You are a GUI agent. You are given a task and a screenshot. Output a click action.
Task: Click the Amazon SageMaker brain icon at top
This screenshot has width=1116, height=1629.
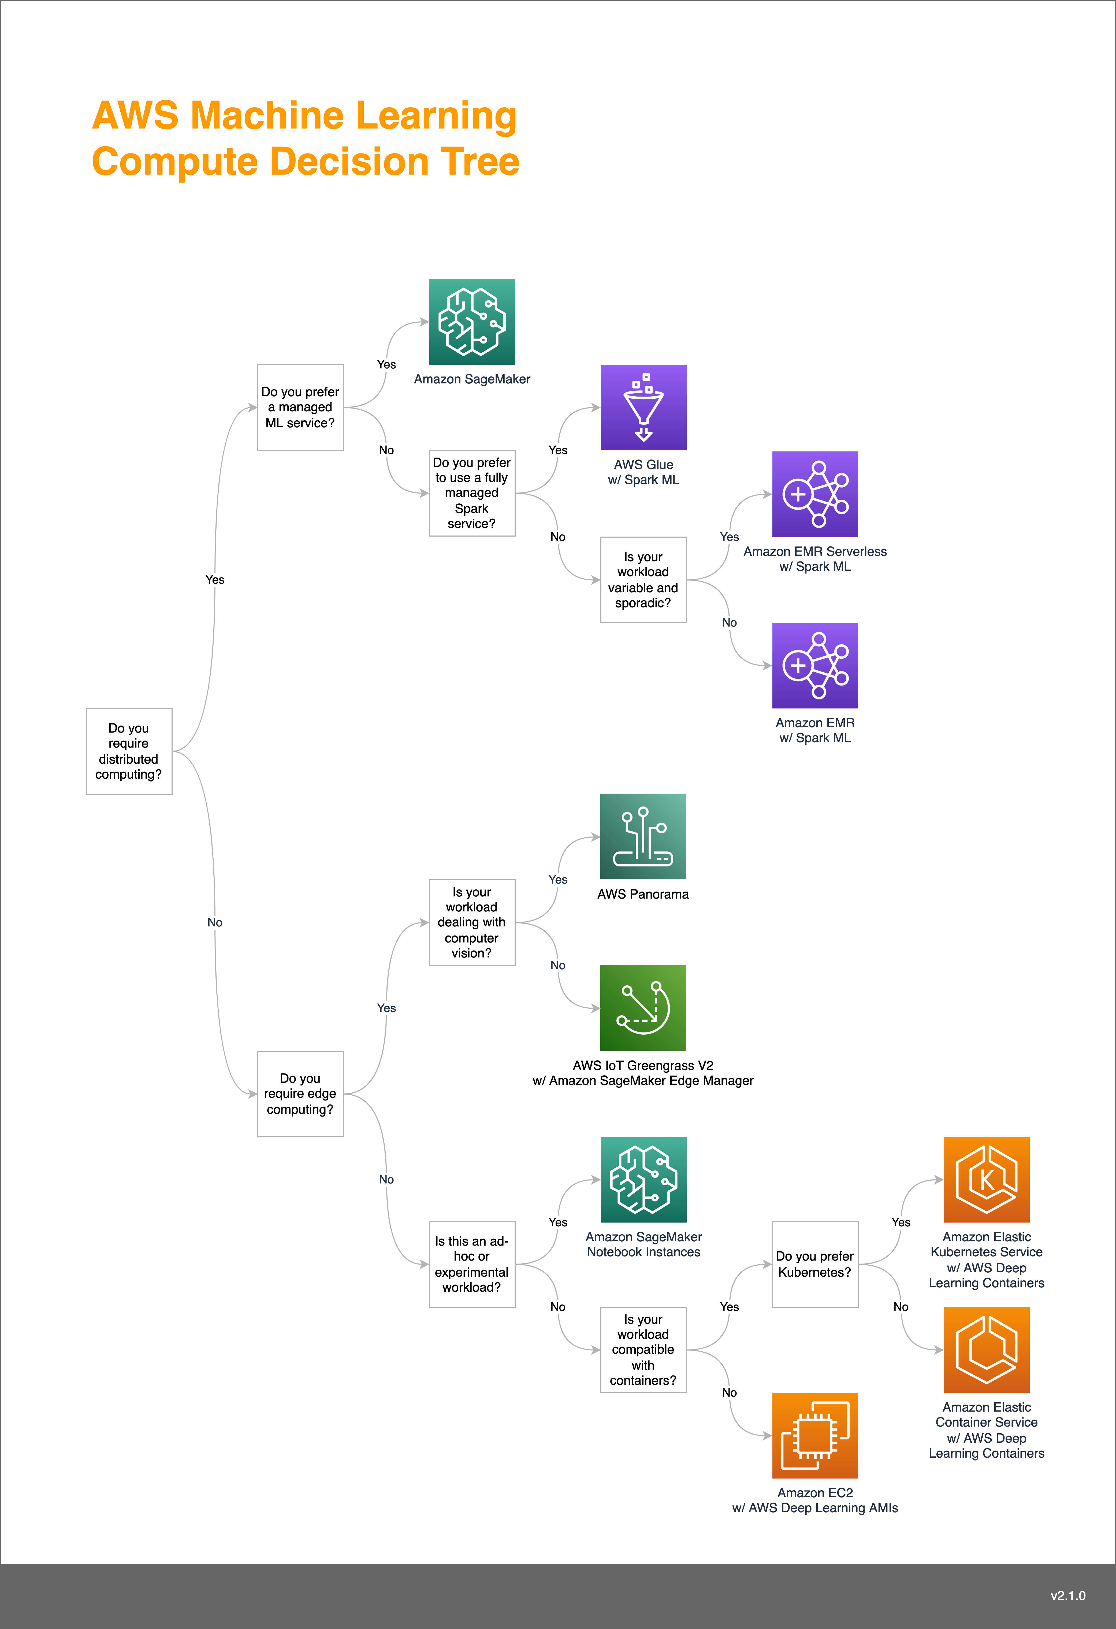472,322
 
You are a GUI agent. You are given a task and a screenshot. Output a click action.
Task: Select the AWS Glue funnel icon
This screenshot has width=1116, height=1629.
643,407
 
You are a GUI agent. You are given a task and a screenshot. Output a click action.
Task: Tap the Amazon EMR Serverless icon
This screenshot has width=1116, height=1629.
815,494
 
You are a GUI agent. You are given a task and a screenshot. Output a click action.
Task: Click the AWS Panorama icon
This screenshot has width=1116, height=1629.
643,836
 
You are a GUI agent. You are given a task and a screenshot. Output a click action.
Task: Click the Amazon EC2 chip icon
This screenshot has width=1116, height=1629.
815,1435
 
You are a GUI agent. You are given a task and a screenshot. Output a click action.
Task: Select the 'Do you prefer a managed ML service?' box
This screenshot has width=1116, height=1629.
300,407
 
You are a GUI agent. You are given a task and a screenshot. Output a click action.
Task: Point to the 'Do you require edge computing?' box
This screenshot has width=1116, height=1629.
300,1093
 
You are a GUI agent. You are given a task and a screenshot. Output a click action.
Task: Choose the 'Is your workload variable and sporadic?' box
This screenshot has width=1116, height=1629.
643,580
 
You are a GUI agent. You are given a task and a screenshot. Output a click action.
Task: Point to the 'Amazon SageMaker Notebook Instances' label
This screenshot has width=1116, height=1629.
643,1244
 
